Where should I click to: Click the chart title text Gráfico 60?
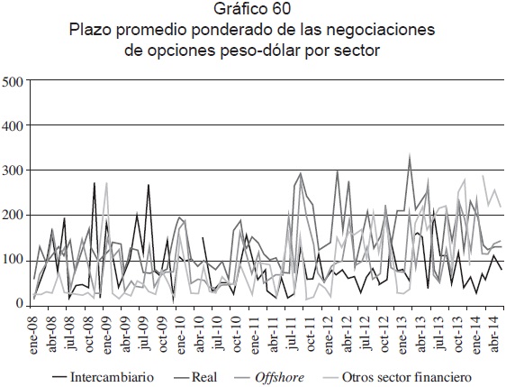click(252, 9)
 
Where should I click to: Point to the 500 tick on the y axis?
click(13, 81)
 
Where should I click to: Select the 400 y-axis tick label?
click(13, 126)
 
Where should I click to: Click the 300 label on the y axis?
click(13, 171)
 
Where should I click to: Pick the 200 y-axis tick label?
click(13, 216)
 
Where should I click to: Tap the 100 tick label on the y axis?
click(13, 261)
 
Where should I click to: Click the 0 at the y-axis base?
click(20, 304)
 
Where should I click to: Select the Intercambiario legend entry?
click(103, 377)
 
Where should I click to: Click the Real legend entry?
click(195, 377)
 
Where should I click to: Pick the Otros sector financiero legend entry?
click(397, 377)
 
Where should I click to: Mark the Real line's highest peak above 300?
click(410, 155)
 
